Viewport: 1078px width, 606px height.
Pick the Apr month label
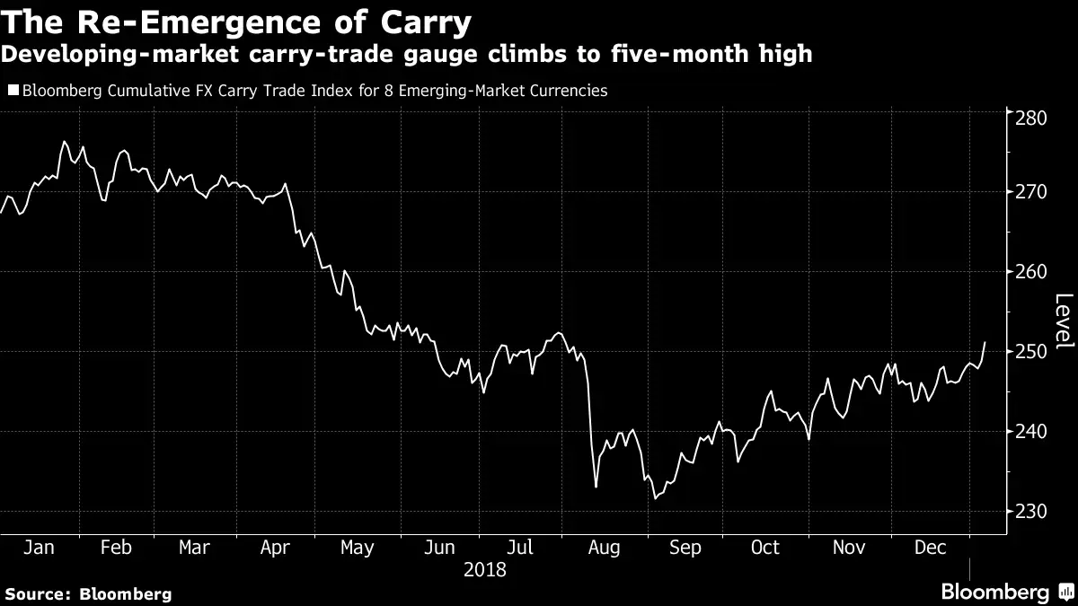[x=275, y=548]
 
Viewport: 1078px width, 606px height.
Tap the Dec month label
[x=931, y=548]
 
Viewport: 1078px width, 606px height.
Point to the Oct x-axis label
[x=765, y=548]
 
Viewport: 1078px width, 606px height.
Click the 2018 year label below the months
[x=485, y=569]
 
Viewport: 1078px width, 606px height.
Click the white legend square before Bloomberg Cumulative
[x=12, y=91]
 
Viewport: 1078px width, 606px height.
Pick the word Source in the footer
[x=37, y=593]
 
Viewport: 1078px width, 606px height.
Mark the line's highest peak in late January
[x=64, y=141]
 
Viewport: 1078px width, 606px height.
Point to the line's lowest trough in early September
[x=654, y=498]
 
